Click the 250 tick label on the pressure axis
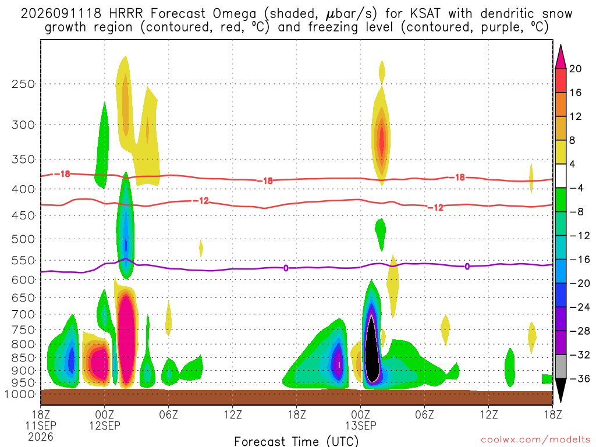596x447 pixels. (23, 84)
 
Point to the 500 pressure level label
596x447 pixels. (23, 239)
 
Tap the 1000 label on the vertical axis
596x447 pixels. (19, 394)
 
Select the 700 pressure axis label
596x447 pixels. (23, 314)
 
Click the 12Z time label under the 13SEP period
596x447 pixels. (488, 414)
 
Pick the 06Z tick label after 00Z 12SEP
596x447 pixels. (168, 414)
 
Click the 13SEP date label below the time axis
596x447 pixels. (361, 425)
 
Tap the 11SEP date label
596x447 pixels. (41, 425)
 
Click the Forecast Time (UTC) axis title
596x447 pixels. (296, 441)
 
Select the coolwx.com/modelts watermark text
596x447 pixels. (535, 440)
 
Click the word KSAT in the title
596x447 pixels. (425, 14)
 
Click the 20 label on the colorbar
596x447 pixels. (575, 69)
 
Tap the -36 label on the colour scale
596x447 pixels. (579, 378)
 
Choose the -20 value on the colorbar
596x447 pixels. (579, 283)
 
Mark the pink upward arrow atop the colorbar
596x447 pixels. (560, 57)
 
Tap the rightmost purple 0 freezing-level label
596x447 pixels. (467, 267)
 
